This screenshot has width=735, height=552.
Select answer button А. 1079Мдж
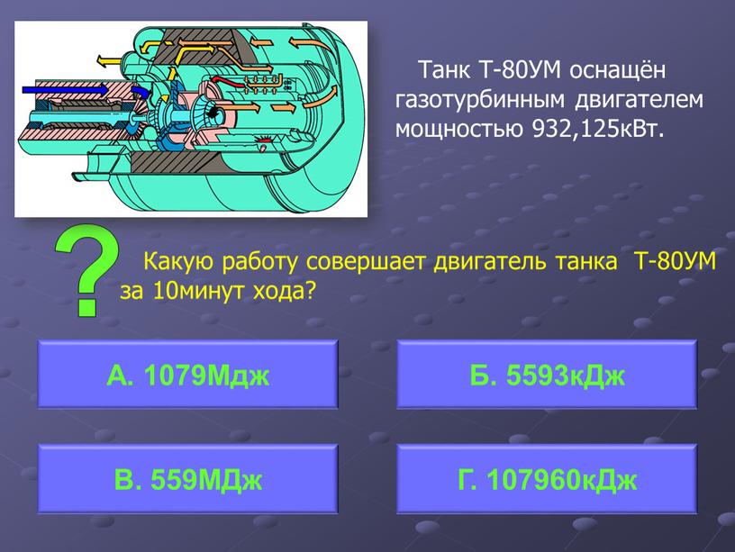pos(187,374)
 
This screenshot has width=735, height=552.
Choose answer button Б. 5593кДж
pos(547,374)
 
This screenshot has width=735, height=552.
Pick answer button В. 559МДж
pos(187,478)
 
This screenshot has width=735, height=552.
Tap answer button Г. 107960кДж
pos(547,478)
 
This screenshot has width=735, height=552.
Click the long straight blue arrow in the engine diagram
pos(66,89)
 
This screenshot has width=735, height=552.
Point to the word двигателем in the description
pos(640,100)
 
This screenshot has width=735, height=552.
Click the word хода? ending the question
pos(283,292)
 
